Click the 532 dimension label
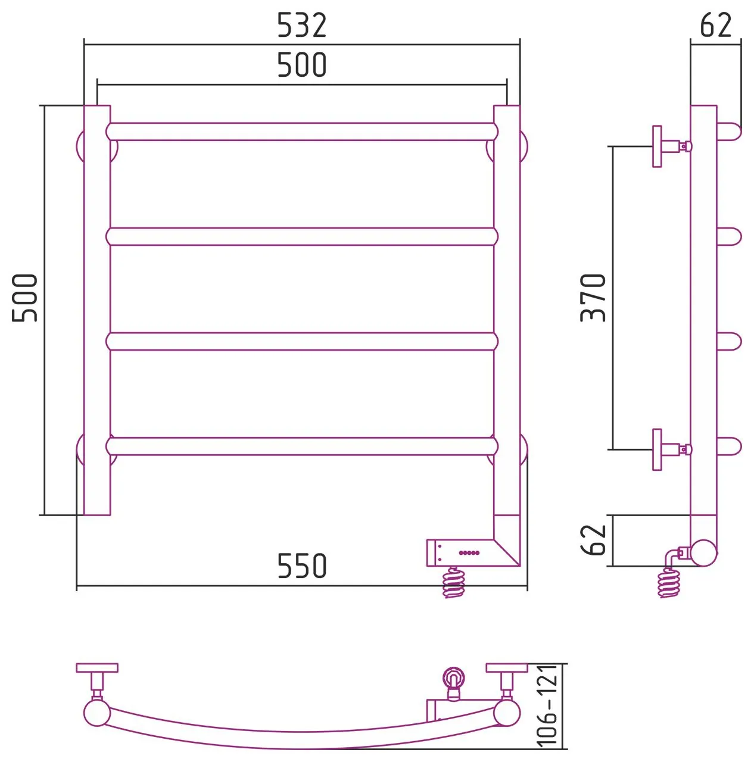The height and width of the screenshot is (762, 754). pos(301,25)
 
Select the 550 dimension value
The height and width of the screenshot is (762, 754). pos(301,566)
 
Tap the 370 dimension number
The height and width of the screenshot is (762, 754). pos(593,298)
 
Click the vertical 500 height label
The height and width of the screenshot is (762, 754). pos(24,298)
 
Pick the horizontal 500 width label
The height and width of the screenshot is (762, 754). pos(301,64)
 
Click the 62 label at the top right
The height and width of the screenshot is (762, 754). pos(716,25)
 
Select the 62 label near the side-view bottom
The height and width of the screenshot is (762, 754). pos(593,540)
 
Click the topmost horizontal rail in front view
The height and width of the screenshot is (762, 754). pos(301,132)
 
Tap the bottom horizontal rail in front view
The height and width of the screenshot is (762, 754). pos(301,446)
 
